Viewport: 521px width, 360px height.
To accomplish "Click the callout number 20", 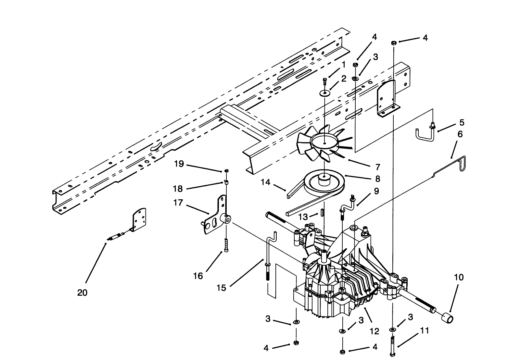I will pos(82,292).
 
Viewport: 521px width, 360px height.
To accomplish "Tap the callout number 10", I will pos(459,278).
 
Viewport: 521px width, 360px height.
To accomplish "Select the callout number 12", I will pos(374,331).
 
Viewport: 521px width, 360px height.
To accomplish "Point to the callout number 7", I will pos(377,167).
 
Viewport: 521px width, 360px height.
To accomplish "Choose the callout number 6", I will pos(460,134).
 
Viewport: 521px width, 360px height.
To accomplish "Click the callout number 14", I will pos(265,182).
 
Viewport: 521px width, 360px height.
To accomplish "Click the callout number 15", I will pos(221,288).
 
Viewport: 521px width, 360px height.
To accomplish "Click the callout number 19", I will pos(179,164).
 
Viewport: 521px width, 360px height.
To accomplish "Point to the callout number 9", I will pos(376,191).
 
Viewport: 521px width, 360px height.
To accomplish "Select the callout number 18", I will pos(178,189).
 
